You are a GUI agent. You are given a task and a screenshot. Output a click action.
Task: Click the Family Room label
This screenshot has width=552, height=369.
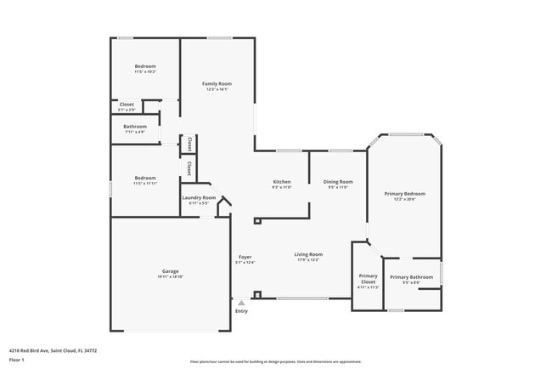[217, 84]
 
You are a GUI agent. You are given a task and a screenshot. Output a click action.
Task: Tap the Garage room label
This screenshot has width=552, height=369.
[170, 271]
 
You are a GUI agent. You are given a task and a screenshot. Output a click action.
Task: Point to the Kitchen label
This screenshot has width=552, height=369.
[282, 181]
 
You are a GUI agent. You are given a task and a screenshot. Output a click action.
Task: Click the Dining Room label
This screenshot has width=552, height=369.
[338, 181]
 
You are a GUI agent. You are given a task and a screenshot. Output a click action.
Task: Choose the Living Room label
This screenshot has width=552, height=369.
[308, 254]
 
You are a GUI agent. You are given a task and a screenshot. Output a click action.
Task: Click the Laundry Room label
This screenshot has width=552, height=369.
[199, 198]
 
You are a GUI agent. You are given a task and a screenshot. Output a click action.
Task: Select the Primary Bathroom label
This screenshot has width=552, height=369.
[411, 277]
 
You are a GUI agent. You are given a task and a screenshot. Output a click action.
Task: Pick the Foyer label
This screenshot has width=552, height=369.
[245, 257]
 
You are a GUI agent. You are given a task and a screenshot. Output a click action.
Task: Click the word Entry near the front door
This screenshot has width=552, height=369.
[242, 310]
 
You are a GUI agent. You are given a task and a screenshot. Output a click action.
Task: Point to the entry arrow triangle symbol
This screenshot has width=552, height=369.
[241, 302]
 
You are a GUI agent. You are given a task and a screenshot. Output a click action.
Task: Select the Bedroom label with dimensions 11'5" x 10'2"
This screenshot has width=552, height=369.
[145, 66]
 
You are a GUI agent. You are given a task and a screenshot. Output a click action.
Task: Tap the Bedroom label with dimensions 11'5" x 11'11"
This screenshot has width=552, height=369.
[145, 178]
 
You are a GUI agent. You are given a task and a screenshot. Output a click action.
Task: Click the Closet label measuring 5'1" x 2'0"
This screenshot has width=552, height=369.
[127, 105]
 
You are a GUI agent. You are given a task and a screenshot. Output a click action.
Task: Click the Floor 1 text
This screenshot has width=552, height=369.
[17, 360]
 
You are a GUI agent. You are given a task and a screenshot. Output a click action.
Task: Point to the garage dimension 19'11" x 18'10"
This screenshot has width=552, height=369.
[170, 277]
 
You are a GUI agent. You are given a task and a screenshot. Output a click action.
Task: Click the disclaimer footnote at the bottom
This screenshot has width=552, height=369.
[275, 361]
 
